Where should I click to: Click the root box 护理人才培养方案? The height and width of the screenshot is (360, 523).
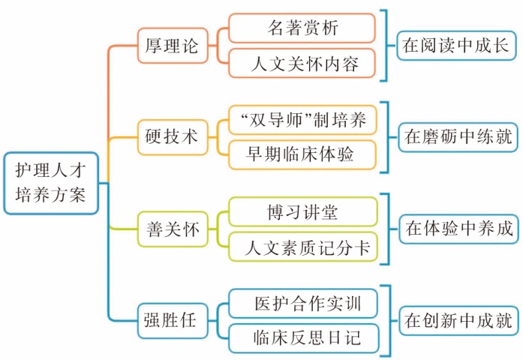pos(51,183)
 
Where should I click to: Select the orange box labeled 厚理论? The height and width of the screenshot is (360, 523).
pos(170,46)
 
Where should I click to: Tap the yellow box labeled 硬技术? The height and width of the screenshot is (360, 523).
pos(170,136)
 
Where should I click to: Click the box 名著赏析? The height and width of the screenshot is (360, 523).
pos(302,28)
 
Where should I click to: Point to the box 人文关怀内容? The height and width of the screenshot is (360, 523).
pos(302,64)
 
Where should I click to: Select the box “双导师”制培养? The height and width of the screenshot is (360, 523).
pos(302,120)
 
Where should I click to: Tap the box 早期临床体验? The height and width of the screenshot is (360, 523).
pos(302,154)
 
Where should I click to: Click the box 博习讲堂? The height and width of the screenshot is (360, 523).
pos(302,211)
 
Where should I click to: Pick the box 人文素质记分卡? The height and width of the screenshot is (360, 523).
pos(302,247)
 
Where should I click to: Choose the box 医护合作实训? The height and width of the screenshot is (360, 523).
pos(302,304)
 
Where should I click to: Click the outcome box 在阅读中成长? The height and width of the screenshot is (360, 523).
pos(456,46)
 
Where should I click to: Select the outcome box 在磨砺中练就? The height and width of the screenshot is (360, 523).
pos(456,137)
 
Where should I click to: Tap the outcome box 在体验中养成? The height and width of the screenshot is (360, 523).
pos(456,229)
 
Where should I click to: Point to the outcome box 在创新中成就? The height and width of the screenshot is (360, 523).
pos(456,322)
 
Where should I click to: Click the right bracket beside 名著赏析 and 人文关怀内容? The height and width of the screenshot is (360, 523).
pos(386,46)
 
